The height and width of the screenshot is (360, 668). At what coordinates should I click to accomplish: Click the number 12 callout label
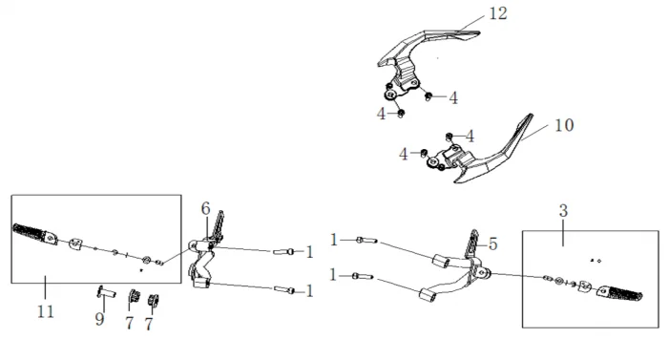point(497,13)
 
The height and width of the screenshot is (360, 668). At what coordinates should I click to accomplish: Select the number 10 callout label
point(564,125)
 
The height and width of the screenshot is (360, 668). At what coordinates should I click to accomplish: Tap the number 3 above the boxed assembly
point(563,211)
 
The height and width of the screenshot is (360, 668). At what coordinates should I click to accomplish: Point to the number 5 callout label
point(492,244)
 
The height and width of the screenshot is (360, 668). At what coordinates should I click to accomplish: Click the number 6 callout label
point(205,208)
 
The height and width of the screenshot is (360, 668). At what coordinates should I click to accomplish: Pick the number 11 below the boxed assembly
point(46,312)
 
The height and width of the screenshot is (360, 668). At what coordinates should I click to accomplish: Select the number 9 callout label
point(99,319)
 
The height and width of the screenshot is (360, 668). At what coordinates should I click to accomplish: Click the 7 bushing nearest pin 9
point(135,295)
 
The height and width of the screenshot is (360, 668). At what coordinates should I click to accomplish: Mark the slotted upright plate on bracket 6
point(219,226)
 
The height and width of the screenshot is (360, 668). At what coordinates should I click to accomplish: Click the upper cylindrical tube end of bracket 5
point(440,260)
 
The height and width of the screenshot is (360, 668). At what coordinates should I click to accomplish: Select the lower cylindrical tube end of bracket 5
point(426,295)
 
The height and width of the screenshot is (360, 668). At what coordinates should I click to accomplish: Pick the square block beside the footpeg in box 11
point(75,243)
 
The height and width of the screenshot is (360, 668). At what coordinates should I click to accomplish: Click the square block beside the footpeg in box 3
point(584,286)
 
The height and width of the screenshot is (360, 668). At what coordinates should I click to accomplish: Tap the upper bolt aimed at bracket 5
point(366,241)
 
